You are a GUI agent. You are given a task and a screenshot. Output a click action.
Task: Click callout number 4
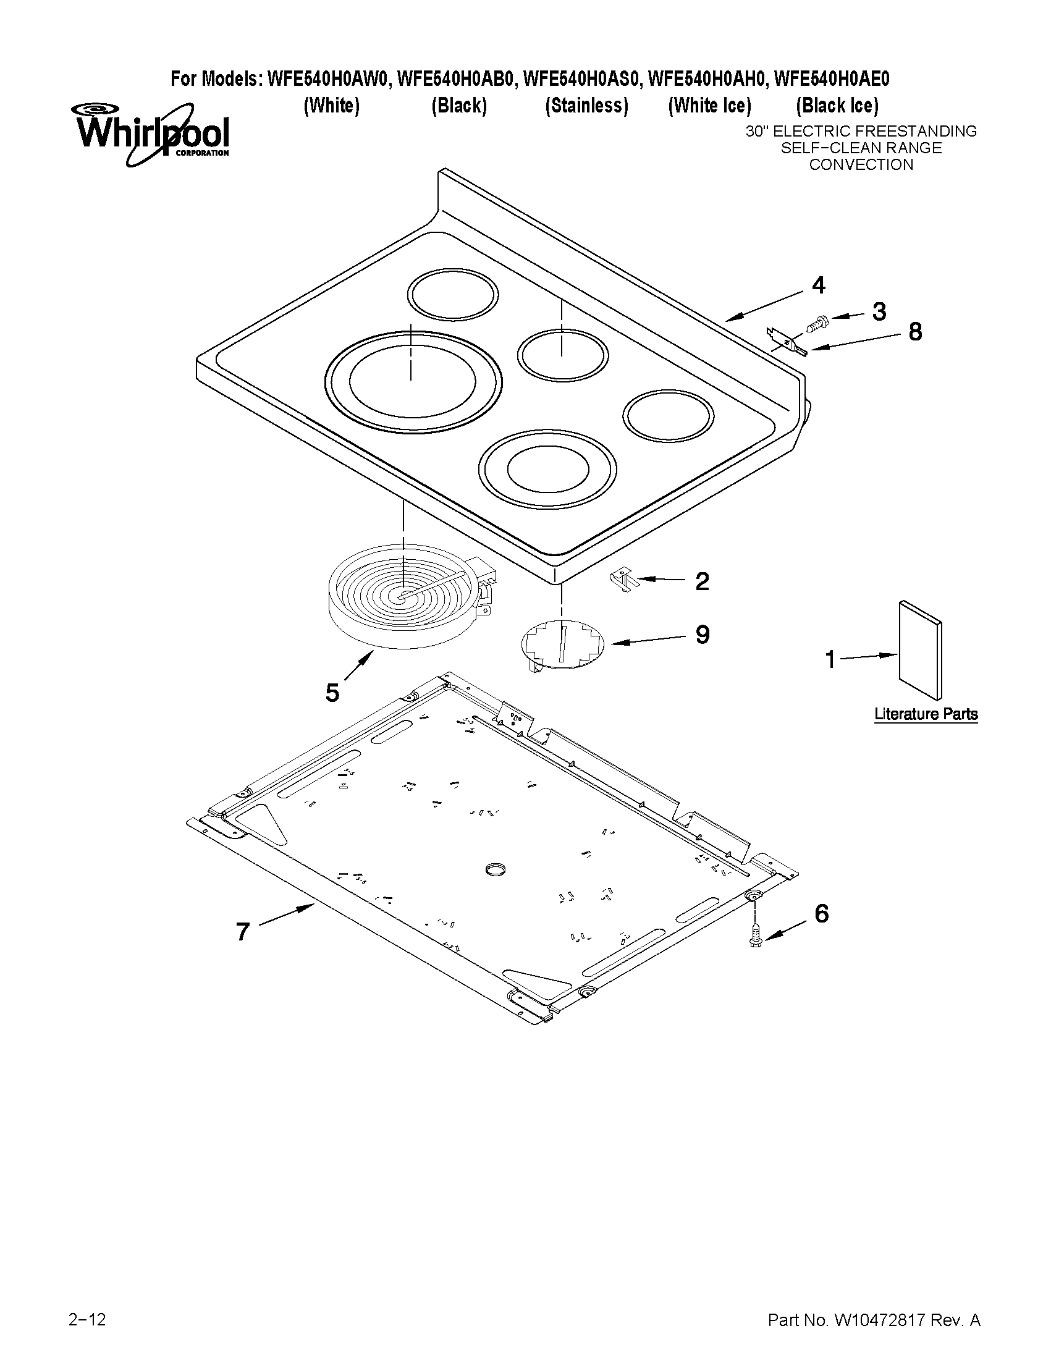point(818,285)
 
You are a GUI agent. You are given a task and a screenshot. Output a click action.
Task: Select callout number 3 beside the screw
point(879,311)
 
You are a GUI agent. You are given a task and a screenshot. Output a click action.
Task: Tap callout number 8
point(914,332)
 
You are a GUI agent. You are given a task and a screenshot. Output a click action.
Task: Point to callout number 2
point(702,581)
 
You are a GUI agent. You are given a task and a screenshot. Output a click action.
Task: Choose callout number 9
point(702,635)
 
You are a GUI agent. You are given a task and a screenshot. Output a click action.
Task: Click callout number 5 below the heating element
point(332,693)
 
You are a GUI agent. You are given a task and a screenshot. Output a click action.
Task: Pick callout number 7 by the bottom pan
point(243,932)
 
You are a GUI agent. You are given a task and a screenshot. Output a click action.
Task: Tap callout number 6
point(821,913)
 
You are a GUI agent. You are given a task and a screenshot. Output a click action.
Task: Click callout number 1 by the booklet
point(830,659)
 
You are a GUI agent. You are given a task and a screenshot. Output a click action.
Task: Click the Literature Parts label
point(925,714)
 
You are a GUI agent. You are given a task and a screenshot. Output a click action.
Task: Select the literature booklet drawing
point(919,649)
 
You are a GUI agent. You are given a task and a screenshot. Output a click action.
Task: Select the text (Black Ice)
point(836,106)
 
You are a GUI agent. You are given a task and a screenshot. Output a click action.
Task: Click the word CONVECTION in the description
point(861,165)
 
